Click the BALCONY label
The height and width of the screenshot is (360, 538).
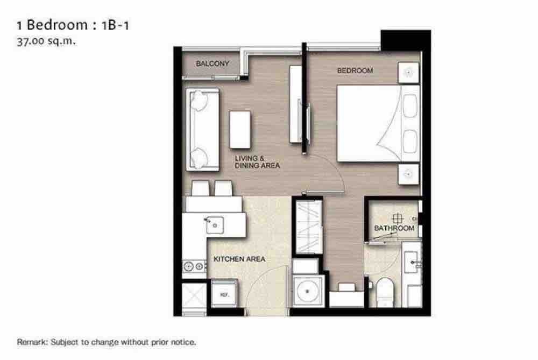click(x=213, y=63)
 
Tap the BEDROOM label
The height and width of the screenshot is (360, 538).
click(x=355, y=70)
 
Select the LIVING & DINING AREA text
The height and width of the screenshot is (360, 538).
click(x=257, y=161)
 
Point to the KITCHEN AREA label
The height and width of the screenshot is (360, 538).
click(x=239, y=259)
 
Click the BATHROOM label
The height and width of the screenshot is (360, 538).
click(x=394, y=228)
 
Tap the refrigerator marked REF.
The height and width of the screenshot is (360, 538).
click(x=224, y=294)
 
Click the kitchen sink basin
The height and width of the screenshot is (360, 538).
click(x=215, y=225)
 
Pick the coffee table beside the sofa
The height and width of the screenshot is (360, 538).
click(x=240, y=130)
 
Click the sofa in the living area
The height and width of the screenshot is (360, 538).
click(x=203, y=129)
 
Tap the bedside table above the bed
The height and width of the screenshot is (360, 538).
click(x=408, y=73)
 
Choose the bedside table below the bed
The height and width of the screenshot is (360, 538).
click(x=408, y=174)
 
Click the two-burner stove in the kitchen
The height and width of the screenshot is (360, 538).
click(x=194, y=266)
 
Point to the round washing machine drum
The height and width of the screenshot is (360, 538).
click(x=307, y=291)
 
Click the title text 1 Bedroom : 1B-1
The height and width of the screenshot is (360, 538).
click(x=73, y=25)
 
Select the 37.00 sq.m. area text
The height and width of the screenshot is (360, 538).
click(x=46, y=41)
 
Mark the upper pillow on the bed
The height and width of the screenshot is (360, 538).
click(x=409, y=105)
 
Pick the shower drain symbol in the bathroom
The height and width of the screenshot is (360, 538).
click(x=398, y=218)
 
